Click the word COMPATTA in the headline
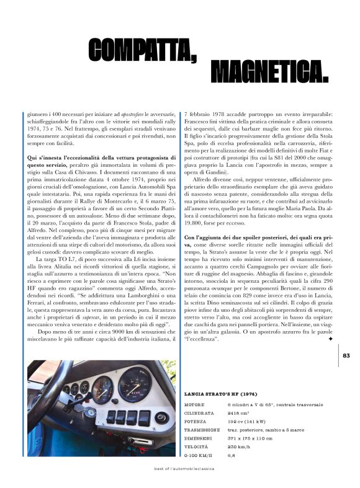(142, 50)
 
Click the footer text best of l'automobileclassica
(184, 469)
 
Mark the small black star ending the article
(330, 339)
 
